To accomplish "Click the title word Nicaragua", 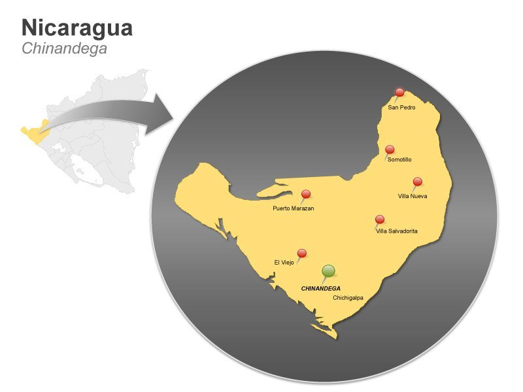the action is click(x=77, y=27).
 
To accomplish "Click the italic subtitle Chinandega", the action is click(x=64, y=48).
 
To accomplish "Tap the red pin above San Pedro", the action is click(x=400, y=93).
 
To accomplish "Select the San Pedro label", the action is click(x=401, y=107).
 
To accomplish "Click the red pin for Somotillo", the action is click(x=390, y=150).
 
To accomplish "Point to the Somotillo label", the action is click(x=399, y=159).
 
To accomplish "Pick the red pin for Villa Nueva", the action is click(x=418, y=182).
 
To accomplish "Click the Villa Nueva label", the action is click(x=413, y=195).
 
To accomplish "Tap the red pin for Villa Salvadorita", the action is click(x=380, y=220).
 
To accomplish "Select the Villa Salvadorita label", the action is click(x=397, y=231).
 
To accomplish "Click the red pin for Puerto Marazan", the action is click(x=306, y=194).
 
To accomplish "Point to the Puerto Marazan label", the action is click(x=294, y=208).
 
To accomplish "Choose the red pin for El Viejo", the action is click(x=302, y=253).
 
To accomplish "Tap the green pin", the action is click(x=329, y=270).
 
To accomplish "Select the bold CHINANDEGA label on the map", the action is click(x=320, y=288).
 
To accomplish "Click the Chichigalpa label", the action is click(x=348, y=298).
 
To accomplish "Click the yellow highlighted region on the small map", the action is click(x=32, y=133).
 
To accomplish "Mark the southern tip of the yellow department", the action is click(x=335, y=337).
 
